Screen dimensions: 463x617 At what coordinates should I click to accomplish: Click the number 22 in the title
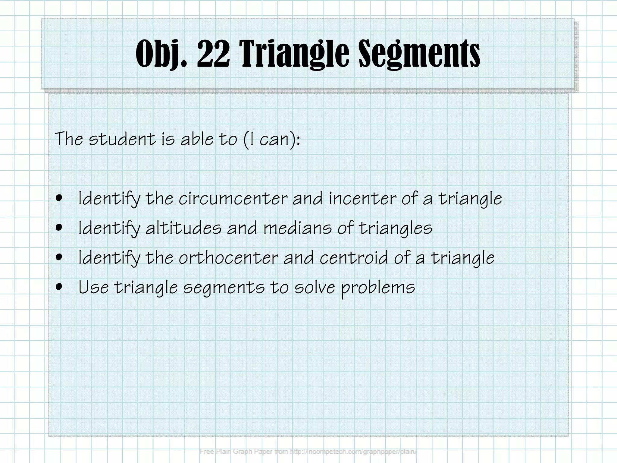[x=213, y=54]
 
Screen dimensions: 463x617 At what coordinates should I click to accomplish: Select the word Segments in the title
[x=419, y=54]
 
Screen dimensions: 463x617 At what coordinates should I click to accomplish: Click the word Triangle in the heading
[x=294, y=54]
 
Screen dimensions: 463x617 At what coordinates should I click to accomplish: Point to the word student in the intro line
[x=122, y=139]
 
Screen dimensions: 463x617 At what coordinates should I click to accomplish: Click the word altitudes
[x=183, y=228]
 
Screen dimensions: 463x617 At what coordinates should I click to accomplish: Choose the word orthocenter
[x=229, y=258]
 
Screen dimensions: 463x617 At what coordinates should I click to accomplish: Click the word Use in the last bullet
[x=93, y=287]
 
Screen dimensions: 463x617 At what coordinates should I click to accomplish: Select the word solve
[x=315, y=287]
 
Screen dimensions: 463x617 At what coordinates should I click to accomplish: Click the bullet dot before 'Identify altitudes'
[x=59, y=227]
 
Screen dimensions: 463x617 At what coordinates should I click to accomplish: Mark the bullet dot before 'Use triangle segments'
[x=59, y=287]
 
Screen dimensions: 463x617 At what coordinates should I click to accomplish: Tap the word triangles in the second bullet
[x=396, y=228]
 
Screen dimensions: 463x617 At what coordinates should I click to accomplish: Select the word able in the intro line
[x=197, y=139]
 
